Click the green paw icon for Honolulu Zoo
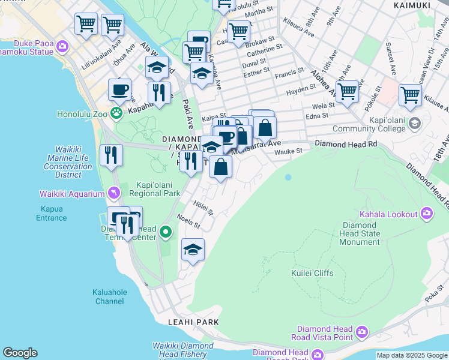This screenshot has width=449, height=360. pos(116,112)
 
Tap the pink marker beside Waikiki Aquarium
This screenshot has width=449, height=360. pos(113,193)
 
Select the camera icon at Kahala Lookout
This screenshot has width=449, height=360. pos(427,213)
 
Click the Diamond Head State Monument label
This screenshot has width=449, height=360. pos(360,233)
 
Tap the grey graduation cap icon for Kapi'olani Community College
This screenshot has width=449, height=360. pos(414,124)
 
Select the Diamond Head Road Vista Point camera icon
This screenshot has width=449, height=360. pos(362,332)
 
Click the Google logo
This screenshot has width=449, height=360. pos(20,353)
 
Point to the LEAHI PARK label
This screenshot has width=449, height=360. pos(193,322)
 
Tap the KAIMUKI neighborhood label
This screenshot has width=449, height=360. pos(412,5)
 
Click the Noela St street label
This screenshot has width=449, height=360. pos(188,221)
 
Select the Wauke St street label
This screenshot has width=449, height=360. pos(288,152)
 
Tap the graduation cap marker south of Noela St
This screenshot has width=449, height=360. pos(193,250)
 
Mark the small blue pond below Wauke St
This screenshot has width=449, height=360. pos(288,177)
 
